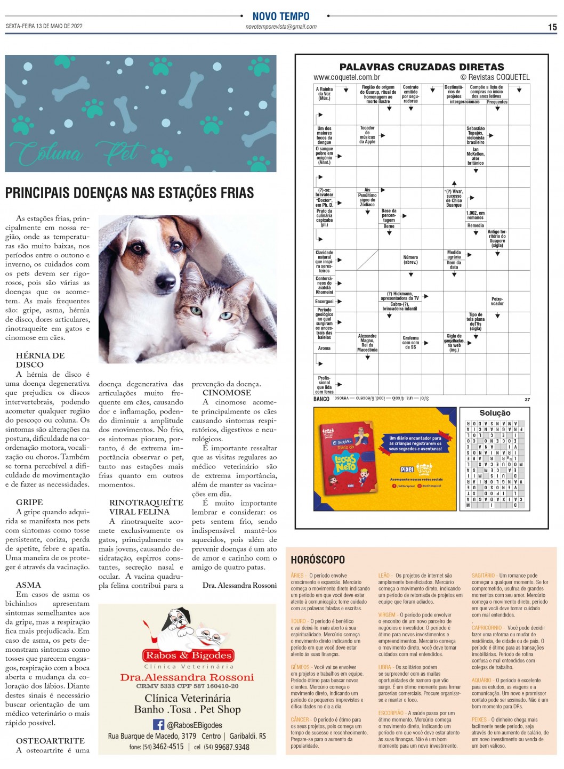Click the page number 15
click(x=552, y=27)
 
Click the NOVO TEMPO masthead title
click(x=281, y=17)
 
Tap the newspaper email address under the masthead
click(x=281, y=27)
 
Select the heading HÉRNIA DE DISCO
click(x=40, y=360)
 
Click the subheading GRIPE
click(x=29, y=502)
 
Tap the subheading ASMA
click(x=28, y=585)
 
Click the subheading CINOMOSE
click(x=227, y=393)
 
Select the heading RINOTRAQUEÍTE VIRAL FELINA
click(x=146, y=507)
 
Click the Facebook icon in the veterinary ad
click(x=158, y=724)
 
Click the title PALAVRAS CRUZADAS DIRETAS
click(x=421, y=67)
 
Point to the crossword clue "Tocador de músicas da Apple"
click(x=367, y=135)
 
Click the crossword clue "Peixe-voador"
click(x=497, y=301)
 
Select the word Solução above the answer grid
click(x=495, y=413)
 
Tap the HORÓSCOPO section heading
click(x=318, y=560)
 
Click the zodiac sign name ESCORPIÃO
click(x=391, y=713)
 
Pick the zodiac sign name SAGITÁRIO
click(x=484, y=576)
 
